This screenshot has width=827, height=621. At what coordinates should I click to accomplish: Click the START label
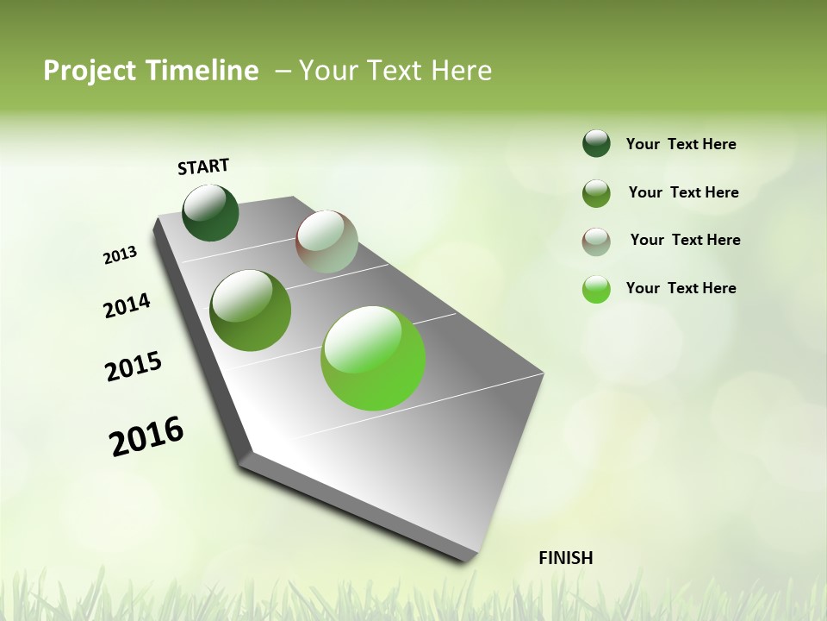point(203,166)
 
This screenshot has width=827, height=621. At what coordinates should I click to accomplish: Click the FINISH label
point(565,558)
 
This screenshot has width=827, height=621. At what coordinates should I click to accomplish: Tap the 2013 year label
point(121,255)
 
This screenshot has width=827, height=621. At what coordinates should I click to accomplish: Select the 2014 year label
point(127,306)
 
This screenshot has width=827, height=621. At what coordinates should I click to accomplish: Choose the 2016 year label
point(146,436)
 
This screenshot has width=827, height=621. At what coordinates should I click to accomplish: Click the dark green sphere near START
point(210,213)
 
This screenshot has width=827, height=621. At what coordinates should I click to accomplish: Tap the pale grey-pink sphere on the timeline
point(326,241)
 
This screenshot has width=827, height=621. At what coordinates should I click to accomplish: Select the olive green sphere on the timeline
point(251,310)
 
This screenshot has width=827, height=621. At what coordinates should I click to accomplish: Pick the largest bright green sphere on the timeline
point(373,358)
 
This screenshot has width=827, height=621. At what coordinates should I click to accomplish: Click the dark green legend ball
point(596,144)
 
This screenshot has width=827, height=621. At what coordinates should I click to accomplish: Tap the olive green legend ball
point(596,193)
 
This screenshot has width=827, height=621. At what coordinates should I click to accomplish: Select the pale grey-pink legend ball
point(596,241)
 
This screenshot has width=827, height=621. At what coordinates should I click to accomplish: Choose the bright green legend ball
point(596,289)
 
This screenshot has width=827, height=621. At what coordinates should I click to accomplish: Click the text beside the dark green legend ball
point(681,145)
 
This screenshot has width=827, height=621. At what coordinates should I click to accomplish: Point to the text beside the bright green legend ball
point(681,288)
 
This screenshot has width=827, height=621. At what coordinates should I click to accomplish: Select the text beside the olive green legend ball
point(683,192)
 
